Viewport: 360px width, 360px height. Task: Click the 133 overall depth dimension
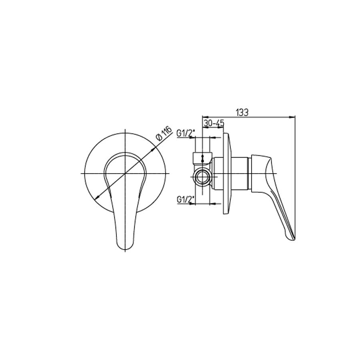242,113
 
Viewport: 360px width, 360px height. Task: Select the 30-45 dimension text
214,124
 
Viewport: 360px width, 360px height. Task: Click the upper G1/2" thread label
186,133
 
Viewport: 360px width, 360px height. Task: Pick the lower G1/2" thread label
186,199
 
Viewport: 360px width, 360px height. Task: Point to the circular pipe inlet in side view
202,177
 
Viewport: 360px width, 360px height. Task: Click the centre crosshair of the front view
125,173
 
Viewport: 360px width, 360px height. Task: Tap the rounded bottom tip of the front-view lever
125,250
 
